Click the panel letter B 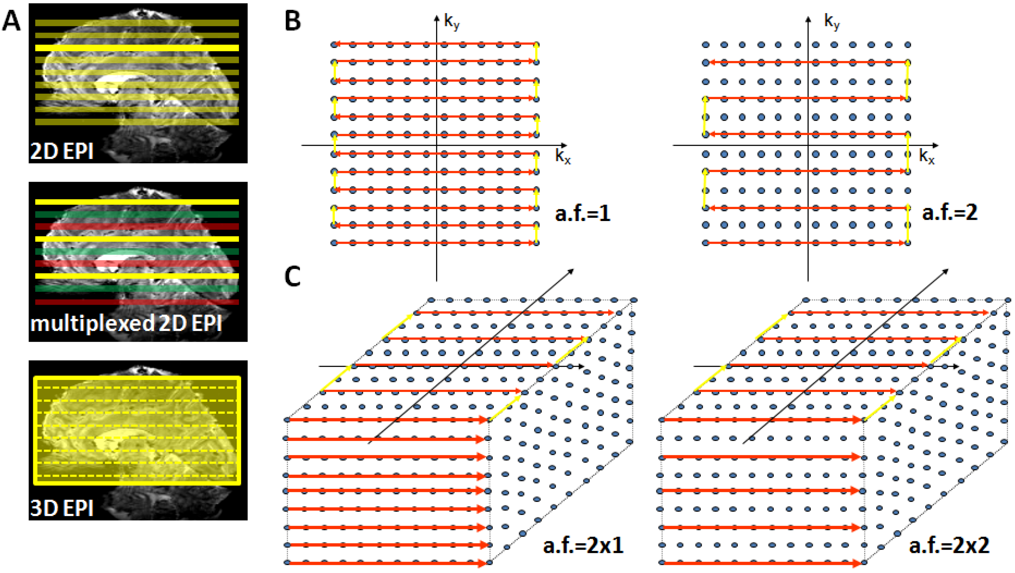coord(292,20)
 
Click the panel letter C coord(292,276)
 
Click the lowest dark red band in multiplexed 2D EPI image coord(137,302)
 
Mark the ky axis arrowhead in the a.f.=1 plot coord(437,18)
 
